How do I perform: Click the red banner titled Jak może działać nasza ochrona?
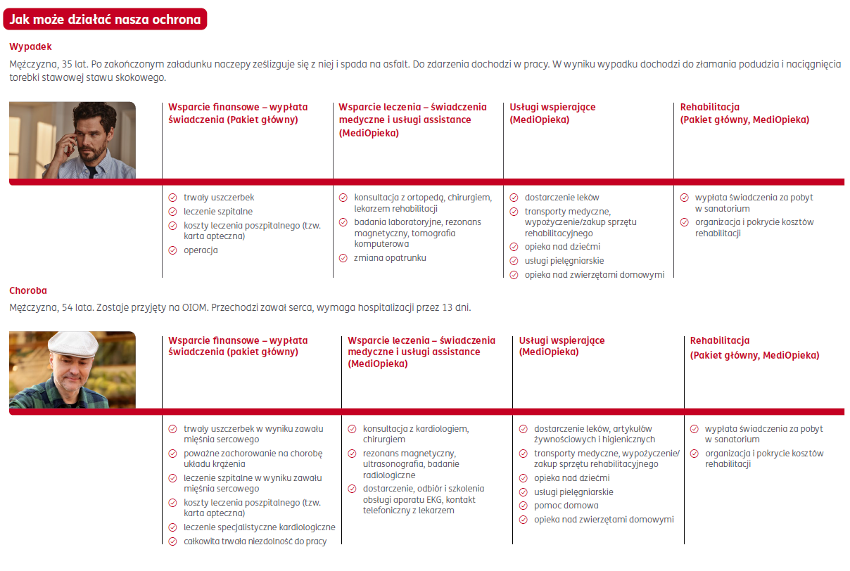tap(106, 20)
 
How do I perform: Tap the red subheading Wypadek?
tap(30, 47)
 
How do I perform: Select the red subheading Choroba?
tap(28, 290)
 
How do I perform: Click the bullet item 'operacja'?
tap(201, 250)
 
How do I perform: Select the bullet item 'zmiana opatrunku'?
tap(390, 258)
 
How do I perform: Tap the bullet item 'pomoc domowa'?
tap(566, 506)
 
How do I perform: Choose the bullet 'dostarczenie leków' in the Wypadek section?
tap(562, 198)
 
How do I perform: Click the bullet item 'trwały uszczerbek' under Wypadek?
tap(219, 198)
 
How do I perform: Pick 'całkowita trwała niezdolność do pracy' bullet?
tap(255, 541)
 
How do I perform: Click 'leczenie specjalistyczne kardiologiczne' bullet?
tap(259, 527)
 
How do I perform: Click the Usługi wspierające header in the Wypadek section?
tap(552, 113)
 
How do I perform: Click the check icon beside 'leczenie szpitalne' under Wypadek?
tap(172, 212)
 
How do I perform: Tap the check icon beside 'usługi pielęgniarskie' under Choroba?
tap(523, 492)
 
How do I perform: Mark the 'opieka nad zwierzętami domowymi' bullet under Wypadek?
tap(594, 275)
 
